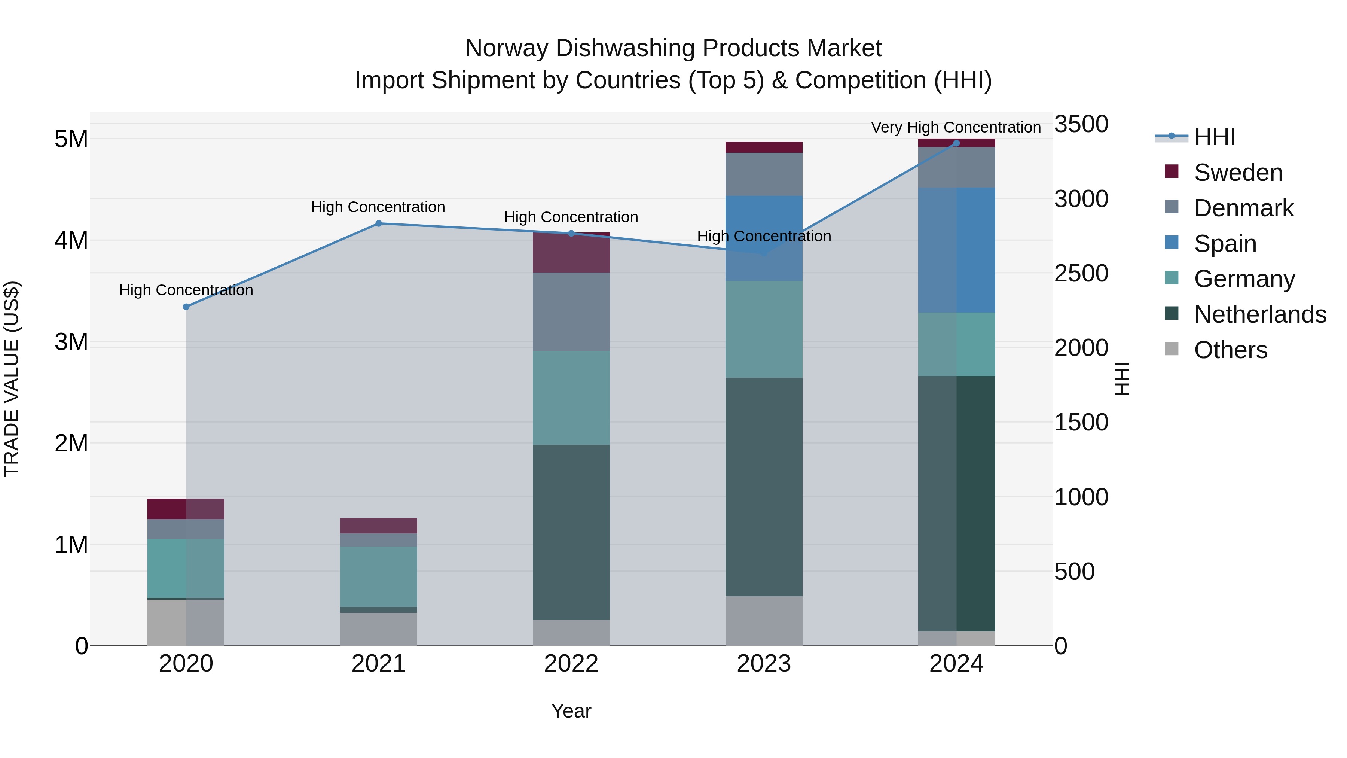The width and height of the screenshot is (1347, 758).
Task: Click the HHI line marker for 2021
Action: (x=379, y=223)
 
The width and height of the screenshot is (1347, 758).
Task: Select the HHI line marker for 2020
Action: (x=186, y=307)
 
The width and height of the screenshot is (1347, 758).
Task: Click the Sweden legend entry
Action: (x=1238, y=173)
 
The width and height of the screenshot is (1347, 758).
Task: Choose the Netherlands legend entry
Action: (x=1260, y=314)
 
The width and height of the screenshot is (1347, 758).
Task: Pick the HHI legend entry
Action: (x=1214, y=137)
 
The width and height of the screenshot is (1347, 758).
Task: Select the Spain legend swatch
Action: (x=1172, y=243)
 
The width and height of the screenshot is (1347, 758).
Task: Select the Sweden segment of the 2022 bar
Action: (x=571, y=253)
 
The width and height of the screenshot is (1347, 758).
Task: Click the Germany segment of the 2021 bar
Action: (x=379, y=576)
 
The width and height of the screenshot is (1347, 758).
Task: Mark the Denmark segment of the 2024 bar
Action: (x=956, y=167)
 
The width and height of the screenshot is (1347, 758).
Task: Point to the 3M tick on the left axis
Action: (x=71, y=342)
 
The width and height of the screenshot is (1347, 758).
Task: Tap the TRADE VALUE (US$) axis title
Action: (x=12, y=379)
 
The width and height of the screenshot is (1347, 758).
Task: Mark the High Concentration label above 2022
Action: (x=571, y=217)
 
